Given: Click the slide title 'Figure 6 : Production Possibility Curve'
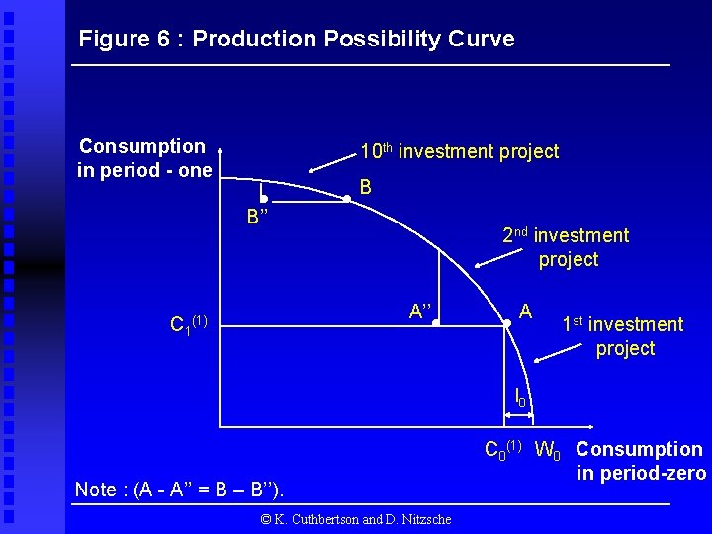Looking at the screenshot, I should point(297,40).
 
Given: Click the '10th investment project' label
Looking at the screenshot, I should point(459,152).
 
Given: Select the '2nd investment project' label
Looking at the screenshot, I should point(565,247).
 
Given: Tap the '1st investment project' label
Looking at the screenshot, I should point(622,336).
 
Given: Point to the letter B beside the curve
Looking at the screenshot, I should point(366,186).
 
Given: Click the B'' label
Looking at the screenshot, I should point(259,217).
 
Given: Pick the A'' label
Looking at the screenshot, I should point(421,311).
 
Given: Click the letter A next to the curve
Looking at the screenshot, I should point(526,311).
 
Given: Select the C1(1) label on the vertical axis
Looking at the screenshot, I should point(188,323).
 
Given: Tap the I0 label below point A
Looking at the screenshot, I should point(520,398).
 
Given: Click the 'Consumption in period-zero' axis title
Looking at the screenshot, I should point(640,461).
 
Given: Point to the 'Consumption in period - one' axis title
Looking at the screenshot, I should point(143,158).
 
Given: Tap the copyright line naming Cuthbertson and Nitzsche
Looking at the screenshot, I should point(355,519).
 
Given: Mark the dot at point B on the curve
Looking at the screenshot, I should point(346,200).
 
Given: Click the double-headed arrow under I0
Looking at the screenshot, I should point(514,426).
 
